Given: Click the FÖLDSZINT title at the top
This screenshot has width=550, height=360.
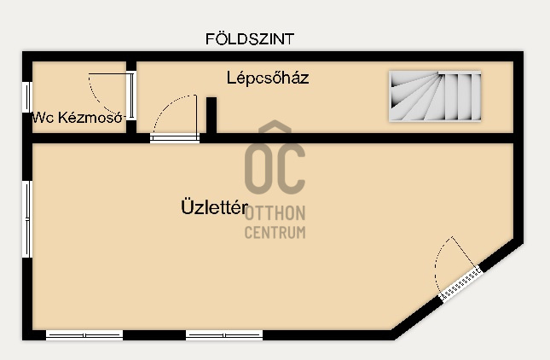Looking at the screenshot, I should coord(251,39).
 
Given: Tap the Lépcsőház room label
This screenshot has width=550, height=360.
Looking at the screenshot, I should coord(267,78).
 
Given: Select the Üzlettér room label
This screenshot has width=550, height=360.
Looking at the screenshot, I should coord(214,207).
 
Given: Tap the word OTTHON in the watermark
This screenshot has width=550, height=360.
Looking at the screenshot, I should coord(275,213).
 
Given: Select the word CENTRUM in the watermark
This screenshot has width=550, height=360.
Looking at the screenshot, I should coord(275,232).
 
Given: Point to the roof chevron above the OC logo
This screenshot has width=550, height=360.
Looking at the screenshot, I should coord(275,130).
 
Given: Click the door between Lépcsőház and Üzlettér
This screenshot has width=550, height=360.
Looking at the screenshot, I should coord(175,119).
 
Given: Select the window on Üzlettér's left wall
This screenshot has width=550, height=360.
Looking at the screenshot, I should coord(26,218).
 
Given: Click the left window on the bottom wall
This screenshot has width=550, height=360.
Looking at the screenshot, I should coord(84,335).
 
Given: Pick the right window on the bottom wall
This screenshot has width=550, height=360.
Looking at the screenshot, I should coord(224,335).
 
